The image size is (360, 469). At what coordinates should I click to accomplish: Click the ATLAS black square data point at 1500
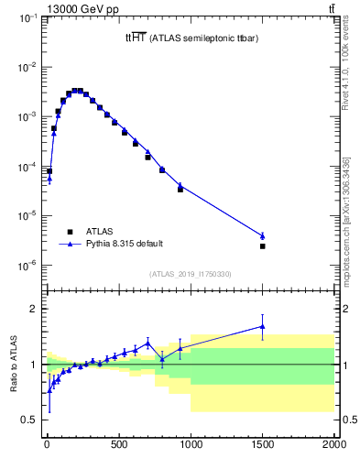(263, 246)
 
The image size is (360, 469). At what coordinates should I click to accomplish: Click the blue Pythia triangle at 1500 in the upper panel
(263, 235)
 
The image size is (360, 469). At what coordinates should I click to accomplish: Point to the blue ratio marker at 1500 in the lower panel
(263, 326)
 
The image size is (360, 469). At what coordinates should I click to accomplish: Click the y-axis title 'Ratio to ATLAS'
(12, 364)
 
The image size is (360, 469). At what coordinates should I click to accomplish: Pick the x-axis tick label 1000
(191, 446)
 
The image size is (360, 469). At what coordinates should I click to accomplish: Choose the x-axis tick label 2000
(333, 446)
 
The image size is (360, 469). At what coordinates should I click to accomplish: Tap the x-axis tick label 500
(118, 446)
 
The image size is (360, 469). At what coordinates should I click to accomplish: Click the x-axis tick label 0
(47, 446)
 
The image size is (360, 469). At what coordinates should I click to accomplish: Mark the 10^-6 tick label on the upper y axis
(27, 266)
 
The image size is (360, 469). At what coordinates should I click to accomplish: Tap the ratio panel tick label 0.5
(30, 420)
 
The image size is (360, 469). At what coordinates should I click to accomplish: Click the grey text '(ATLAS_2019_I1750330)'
(190, 274)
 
